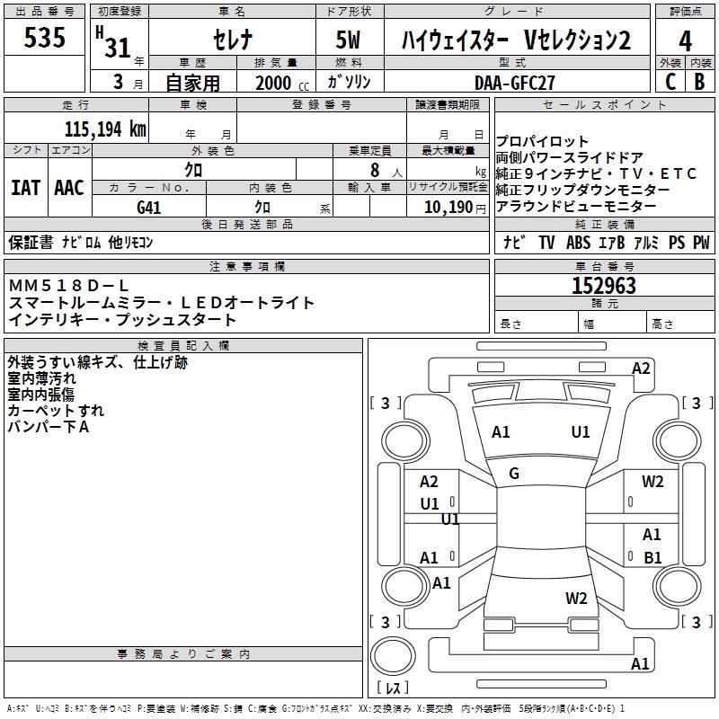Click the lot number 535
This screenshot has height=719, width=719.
(45, 39)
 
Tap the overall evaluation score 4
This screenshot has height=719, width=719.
(686, 41)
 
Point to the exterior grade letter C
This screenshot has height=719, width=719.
(670, 82)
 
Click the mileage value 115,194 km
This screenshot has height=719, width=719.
(105, 129)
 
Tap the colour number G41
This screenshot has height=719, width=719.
(148, 206)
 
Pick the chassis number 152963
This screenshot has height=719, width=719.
(604, 287)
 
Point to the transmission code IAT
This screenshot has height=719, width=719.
(25, 188)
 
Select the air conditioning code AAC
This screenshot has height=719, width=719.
(68, 188)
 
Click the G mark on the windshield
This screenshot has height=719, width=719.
(514, 474)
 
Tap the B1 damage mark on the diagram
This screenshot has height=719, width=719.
(652, 557)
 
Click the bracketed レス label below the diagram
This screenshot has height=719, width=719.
(393, 690)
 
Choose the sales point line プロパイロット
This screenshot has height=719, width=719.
(543, 142)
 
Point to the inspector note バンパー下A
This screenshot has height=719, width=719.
(49, 427)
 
